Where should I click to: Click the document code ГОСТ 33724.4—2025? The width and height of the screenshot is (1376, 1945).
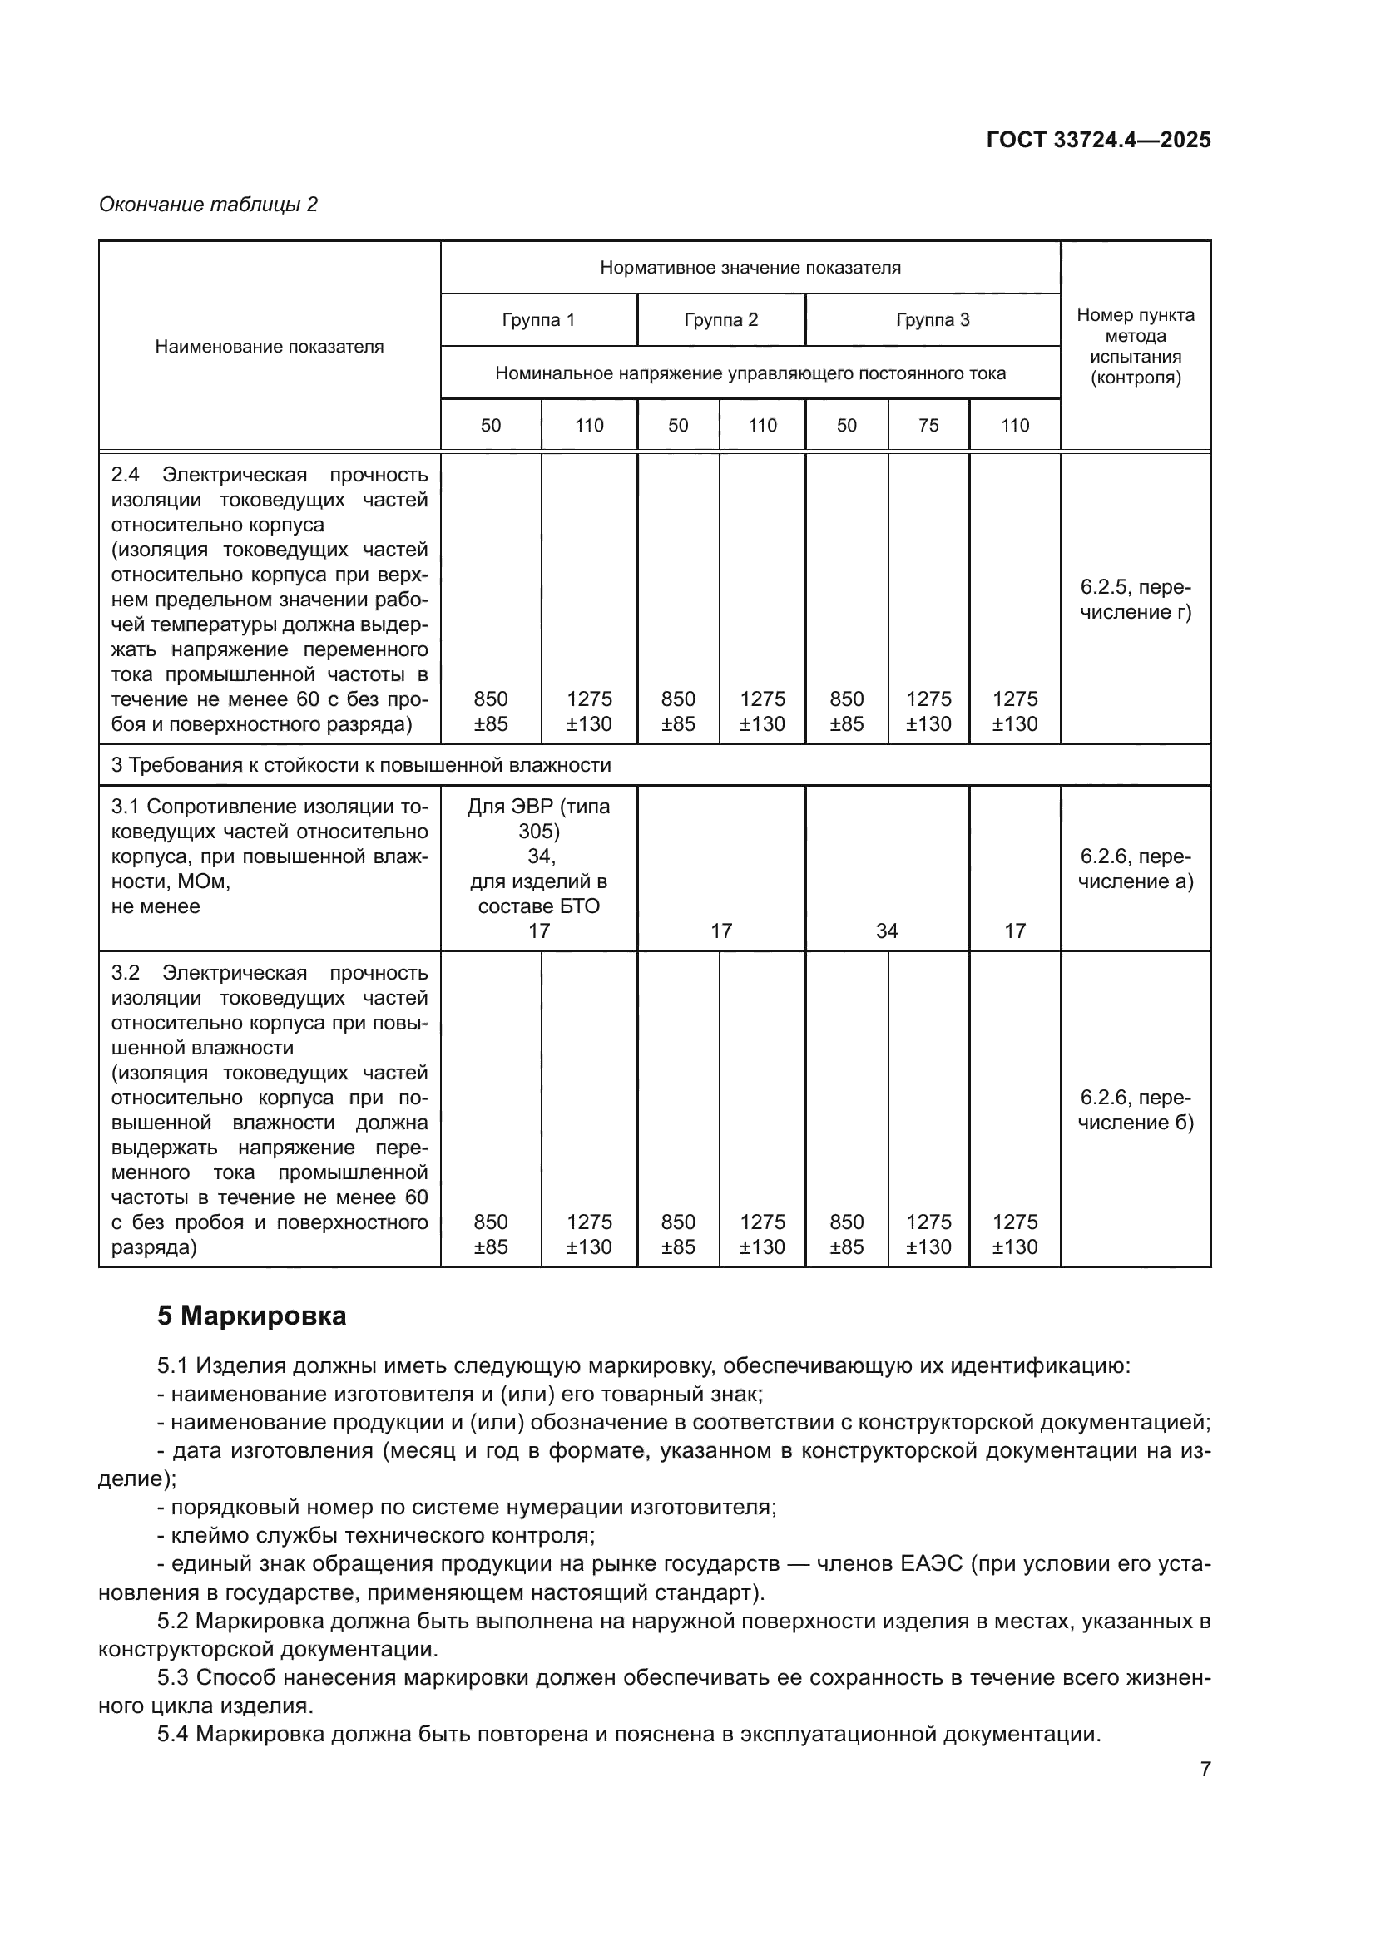[x=1098, y=141]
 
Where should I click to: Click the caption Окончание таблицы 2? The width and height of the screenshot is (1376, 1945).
[x=209, y=205]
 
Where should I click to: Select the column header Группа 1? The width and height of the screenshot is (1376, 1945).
[x=538, y=320]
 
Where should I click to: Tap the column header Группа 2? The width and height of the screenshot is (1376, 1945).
[x=721, y=320]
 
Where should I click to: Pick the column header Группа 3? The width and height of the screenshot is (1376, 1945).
[x=932, y=320]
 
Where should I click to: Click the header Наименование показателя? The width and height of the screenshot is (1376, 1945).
[x=269, y=347]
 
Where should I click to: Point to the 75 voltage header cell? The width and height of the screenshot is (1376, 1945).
[x=928, y=425]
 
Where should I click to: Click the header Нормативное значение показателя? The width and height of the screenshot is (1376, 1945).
[x=750, y=268]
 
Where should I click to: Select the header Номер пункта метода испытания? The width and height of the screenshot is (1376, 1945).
[x=1136, y=346]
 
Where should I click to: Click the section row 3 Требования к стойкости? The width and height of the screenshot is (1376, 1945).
[x=361, y=765]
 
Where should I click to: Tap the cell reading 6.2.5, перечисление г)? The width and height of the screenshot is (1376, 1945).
[x=1136, y=600]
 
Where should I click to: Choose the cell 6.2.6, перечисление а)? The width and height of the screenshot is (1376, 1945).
[x=1136, y=869]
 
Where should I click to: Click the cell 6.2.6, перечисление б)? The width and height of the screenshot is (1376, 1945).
[x=1136, y=1110]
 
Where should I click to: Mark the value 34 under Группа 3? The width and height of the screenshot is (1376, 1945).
[x=886, y=931]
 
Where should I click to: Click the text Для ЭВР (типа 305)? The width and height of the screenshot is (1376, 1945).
[x=538, y=818]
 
